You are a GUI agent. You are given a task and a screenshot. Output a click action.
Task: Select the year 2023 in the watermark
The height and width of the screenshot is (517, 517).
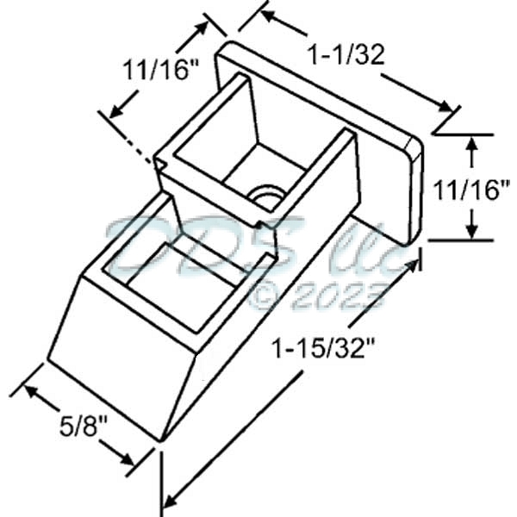click(337, 297)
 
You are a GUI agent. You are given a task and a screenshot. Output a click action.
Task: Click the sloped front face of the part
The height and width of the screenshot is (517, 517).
click(112, 353)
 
